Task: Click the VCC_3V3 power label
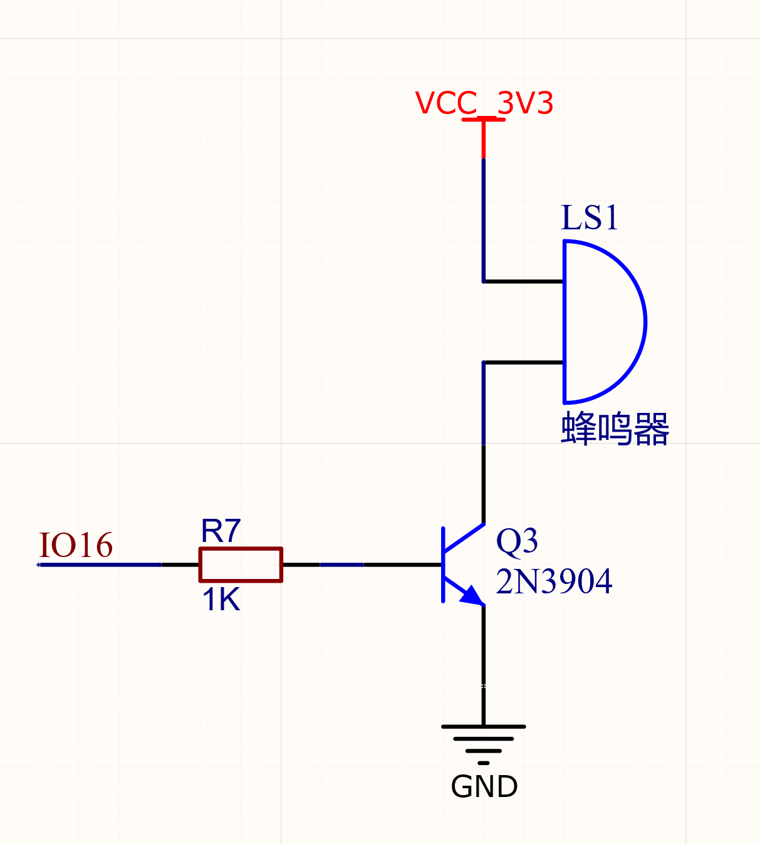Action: tap(484, 103)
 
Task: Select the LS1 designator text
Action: tap(589, 218)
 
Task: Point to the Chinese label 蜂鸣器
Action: tap(615, 429)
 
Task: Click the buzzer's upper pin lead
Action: tap(523, 282)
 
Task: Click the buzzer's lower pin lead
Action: tap(523, 362)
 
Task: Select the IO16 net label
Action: tap(76, 545)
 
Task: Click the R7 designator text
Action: tap(221, 531)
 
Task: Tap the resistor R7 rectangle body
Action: tap(241, 565)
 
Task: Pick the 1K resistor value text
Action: tap(221, 600)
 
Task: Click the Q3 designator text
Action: tap(516, 541)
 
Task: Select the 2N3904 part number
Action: tap(554, 581)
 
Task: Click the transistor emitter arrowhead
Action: tap(473, 596)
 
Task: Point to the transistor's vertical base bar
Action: tap(443, 565)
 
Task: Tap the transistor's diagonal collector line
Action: tap(464, 538)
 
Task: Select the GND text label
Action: tap(484, 787)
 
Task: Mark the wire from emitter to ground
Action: tap(483, 664)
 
